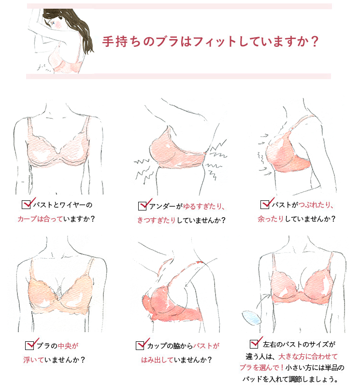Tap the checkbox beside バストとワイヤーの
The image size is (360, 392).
(x=26, y=204)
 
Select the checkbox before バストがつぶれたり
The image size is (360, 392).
(x=265, y=205)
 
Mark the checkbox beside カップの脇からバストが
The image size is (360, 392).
(x=141, y=345)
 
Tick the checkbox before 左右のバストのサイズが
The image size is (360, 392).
(x=254, y=344)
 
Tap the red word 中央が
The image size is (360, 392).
(x=68, y=346)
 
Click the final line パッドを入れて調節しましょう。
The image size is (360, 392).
(x=294, y=378)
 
